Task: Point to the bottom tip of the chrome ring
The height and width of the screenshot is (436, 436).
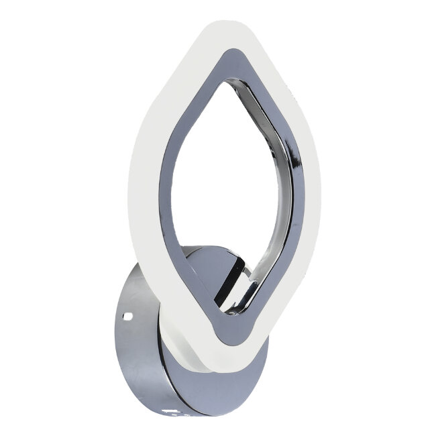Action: (229, 339)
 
